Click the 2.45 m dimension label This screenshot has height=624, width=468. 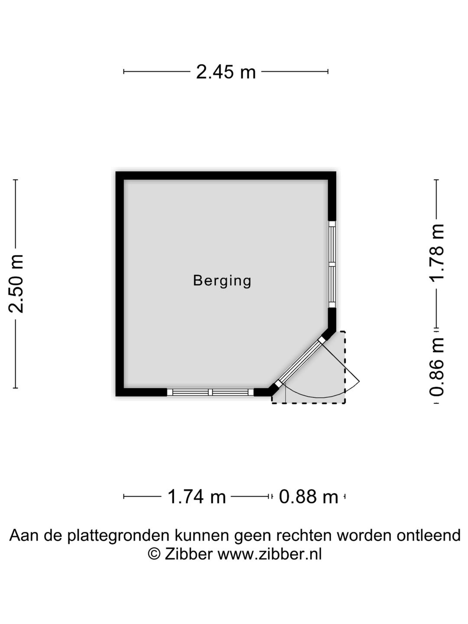pyautogui.click(x=226, y=72)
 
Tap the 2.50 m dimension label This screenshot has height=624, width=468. pyautogui.click(x=16, y=284)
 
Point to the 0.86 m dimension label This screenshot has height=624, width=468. pyautogui.click(x=436, y=367)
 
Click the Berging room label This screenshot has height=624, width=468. pyautogui.click(x=222, y=281)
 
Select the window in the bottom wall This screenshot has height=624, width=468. pyautogui.click(x=210, y=392)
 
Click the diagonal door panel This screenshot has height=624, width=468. pyautogui.click(x=300, y=361)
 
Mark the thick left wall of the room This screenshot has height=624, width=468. pyautogui.click(x=120, y=284)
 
